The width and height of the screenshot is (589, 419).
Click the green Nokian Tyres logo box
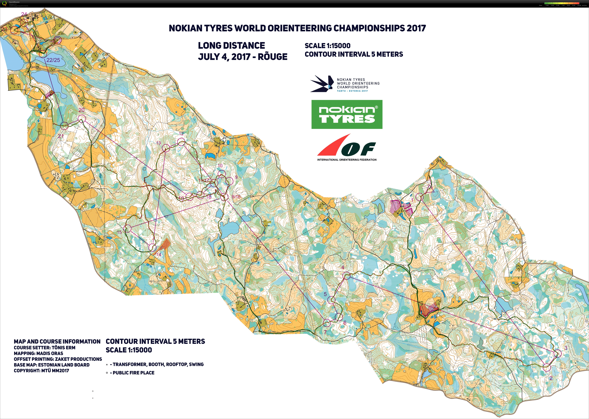[x=347, y=114]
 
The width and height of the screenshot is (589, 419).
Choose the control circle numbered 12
[x=181, y=142]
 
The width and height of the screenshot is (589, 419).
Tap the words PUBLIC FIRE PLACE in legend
[x=133, y=373]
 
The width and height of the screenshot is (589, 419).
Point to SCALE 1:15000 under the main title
[x=327, y=46]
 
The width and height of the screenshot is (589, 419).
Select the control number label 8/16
[x=236, y=197]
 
